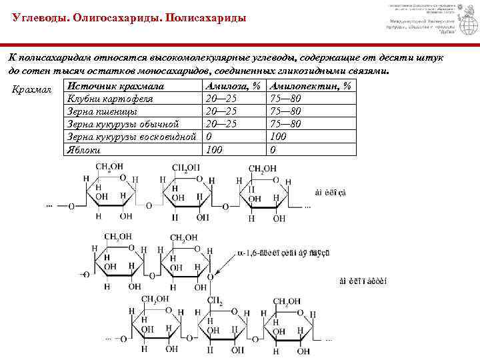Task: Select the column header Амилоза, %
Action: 233,87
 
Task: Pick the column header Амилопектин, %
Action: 311,87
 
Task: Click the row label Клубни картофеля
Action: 110,99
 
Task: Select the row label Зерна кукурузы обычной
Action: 123,124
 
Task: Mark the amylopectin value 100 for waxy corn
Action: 278,137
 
